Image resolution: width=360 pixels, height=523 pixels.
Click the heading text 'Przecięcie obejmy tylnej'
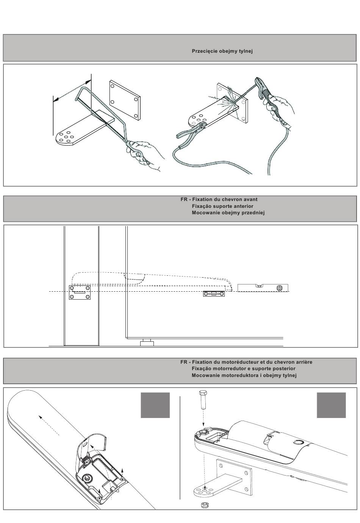tap(222, 51)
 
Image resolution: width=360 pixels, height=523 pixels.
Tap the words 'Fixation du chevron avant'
tap(225, 199)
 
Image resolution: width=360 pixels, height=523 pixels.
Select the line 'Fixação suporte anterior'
tap(222, 206)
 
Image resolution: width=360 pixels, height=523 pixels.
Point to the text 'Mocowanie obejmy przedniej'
tap(228, 212)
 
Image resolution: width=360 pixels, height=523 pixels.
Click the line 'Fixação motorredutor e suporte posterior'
tap(243, 368)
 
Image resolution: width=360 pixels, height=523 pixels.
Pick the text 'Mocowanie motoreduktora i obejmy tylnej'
tap(244, 375)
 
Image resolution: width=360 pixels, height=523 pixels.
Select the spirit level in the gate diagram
tap(263, 287)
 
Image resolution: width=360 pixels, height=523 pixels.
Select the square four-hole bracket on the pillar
tap(80, 292)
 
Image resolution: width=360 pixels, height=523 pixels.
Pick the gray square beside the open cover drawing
tap(155, 405)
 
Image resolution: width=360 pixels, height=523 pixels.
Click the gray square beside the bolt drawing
tap(331, 405)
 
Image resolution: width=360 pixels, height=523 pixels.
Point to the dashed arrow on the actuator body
tap(49, 425)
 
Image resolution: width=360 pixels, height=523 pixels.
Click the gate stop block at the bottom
tap(147, 343)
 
